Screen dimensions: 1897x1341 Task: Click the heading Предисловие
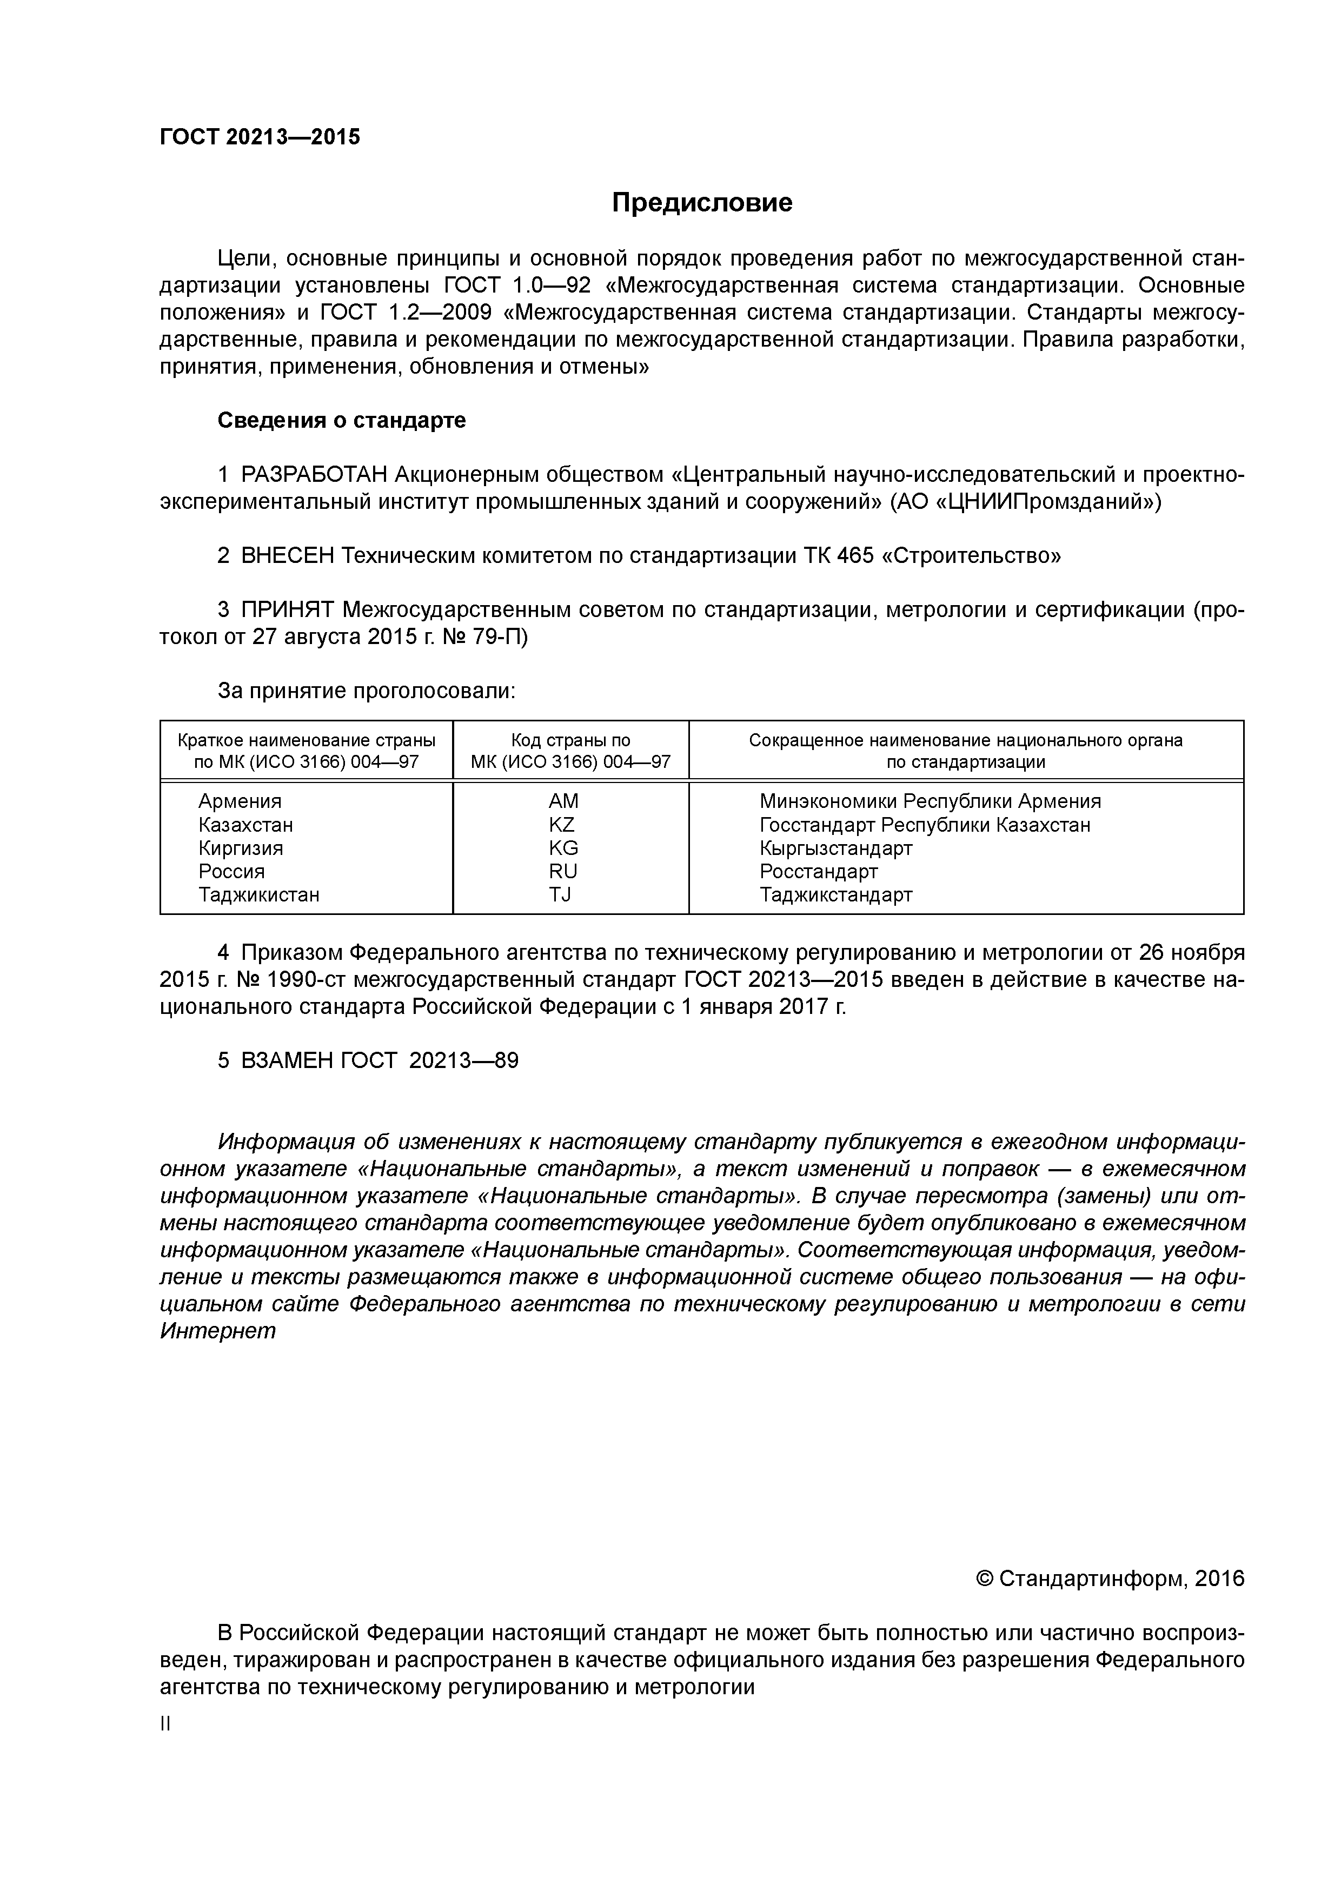tap(701, 203)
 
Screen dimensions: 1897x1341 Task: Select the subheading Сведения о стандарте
tap(341, 421)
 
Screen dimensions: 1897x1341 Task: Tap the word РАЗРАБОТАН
tap(314, 475)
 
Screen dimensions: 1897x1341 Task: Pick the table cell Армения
tap(240, 801)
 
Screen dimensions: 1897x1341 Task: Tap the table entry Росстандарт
tap(818, 871)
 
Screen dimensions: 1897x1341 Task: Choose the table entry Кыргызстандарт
tap(835, 848)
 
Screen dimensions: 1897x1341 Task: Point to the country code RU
tap(563, 871)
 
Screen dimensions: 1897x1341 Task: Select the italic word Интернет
tap(217, 1332)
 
